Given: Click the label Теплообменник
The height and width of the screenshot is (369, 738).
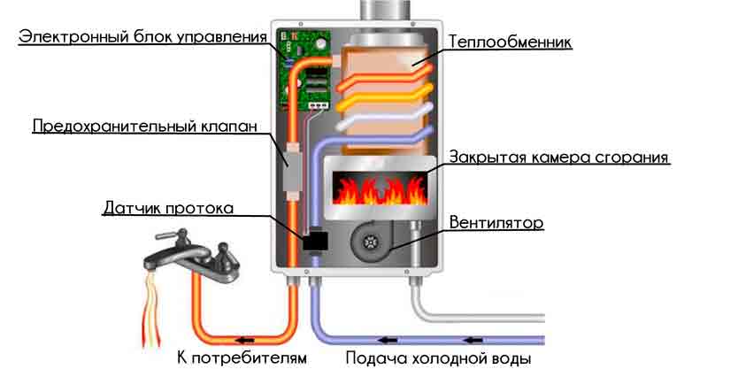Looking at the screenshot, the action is pyautogui.click(x=510, y=42).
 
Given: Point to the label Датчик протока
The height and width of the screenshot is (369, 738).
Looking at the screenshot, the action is pyautogui.click(x=169, y=208).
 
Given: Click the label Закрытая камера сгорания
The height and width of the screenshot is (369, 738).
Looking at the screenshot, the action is pyautogui.click(x=558, y=157).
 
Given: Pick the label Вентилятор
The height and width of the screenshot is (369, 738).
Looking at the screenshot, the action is pyautogui.click(x=496, y=222).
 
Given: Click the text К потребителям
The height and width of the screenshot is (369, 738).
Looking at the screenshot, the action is pyautogui.click(x=242, y=358).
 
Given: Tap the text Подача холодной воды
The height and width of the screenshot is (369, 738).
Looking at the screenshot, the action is pyautogui.click(x=439, y=358).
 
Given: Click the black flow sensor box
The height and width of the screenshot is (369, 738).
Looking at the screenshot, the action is pyautogui.click(x=314, y=242).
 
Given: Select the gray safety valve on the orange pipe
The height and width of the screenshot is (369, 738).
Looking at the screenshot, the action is pyautogui.click(x=292, y=166).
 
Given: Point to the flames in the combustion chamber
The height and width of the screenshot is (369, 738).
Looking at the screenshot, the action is pyautogui.click(x=380, y=188).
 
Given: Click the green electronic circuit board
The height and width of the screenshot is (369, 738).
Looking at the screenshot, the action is pyautogui.click(x=305, y=69).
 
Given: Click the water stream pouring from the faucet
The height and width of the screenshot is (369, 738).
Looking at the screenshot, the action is pyautogui.click(x=152, y=308).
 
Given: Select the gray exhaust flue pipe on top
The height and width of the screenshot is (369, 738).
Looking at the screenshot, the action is pyautogui.click(x=387, y=10).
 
